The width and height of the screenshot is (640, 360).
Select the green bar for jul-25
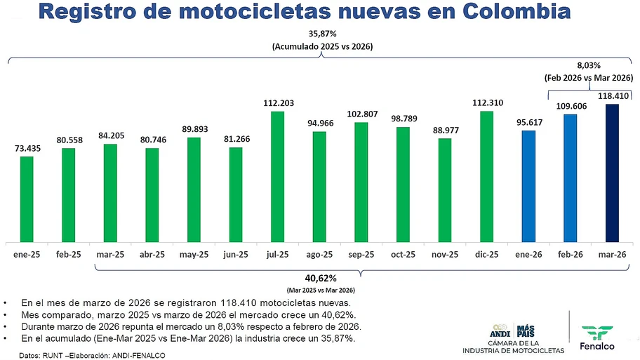click(278, 175)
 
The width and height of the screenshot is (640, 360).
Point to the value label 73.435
click(27, 148)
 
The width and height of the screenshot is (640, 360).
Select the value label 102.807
click(361, 114)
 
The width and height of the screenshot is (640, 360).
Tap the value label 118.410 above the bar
click(612, 96)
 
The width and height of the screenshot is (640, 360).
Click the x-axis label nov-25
click(445, 254)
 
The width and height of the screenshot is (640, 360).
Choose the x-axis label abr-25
click(152, 254)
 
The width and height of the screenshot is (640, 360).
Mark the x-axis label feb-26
click(571, 254)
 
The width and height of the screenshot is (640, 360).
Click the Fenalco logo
click(597, 335)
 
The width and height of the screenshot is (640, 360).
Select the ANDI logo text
click(499, 331)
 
